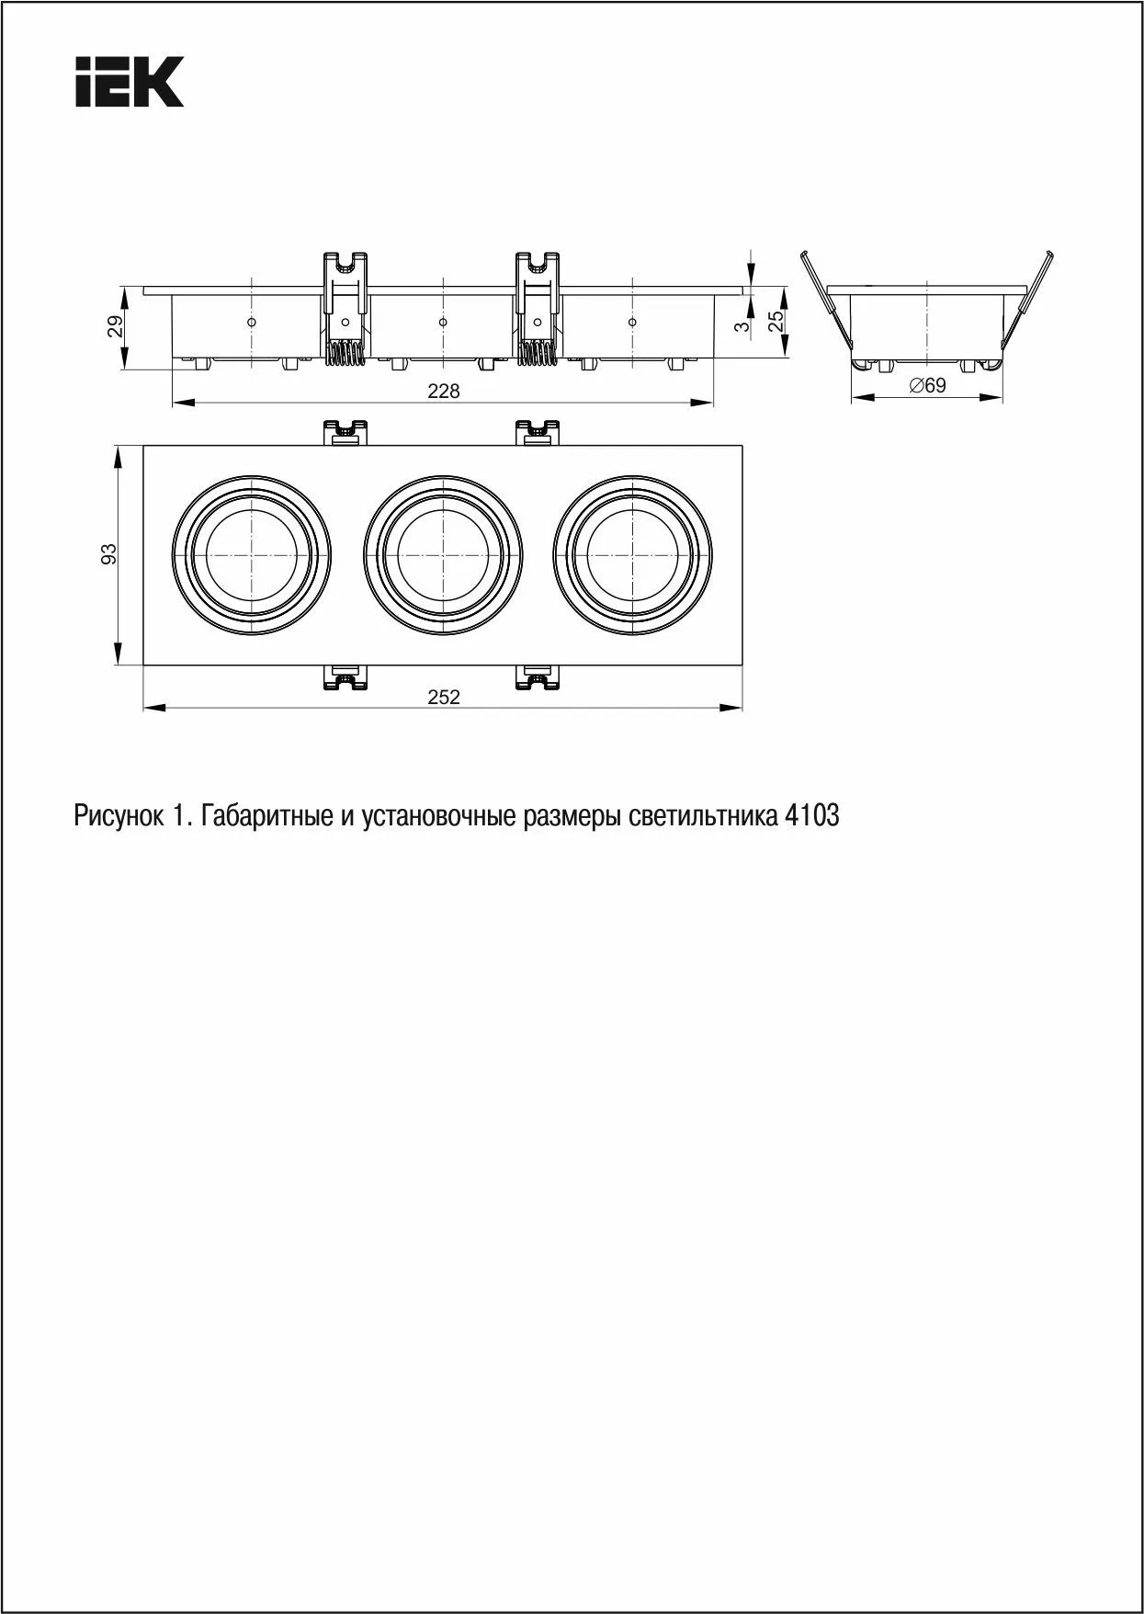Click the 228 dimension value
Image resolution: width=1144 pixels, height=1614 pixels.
pyautogui.click(x=444, y=392)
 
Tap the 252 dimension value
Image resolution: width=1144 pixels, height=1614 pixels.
pyautogui.click(x=444, y=697)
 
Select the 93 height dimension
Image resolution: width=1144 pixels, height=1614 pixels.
pyautogui.click(x=109, y=553)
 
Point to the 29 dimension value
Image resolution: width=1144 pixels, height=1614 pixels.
pyautogui.click(x=115, y=326)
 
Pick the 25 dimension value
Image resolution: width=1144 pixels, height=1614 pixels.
pyautogui.click(x=776, y=321)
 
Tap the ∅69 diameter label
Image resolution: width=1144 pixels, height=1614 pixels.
pyautogui.click(x=927, y=386)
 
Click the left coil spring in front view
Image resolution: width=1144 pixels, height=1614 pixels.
pyautogui.click(x=345, y=353)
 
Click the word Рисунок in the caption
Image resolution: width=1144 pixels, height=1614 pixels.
pyautogui.click(x=117, y=815)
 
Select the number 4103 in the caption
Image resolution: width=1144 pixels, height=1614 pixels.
pyautogui.click(x=812, y=815)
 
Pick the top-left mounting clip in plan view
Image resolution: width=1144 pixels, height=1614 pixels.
pyautogui.click(x=345, y=431)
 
